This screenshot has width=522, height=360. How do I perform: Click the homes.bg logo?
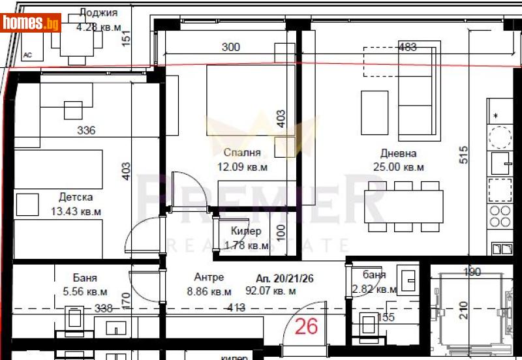(x=31, y=23)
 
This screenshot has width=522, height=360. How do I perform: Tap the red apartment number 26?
(x=306, y=325)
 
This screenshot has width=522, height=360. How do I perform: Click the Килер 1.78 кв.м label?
(x=246, y=239)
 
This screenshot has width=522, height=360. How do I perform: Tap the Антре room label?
(x=209, y=277)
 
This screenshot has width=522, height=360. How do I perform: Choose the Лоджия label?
(x=98, y=12)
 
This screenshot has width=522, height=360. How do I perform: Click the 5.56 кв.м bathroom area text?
(x=81, y=292)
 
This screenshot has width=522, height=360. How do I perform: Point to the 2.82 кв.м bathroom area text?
(x=374, y=290)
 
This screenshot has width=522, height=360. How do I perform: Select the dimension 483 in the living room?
(x=407, y=47)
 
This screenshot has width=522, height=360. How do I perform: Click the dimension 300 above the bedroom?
(x=231, y=47)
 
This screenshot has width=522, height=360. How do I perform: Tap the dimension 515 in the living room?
(x=464, y=154)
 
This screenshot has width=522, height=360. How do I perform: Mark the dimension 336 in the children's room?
(x=85, y=130)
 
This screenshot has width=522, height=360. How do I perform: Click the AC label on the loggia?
(x=28, y=55)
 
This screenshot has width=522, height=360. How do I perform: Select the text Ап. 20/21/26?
(x=285, y=278)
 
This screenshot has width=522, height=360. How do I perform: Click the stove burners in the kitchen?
(x=500, y=216)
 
